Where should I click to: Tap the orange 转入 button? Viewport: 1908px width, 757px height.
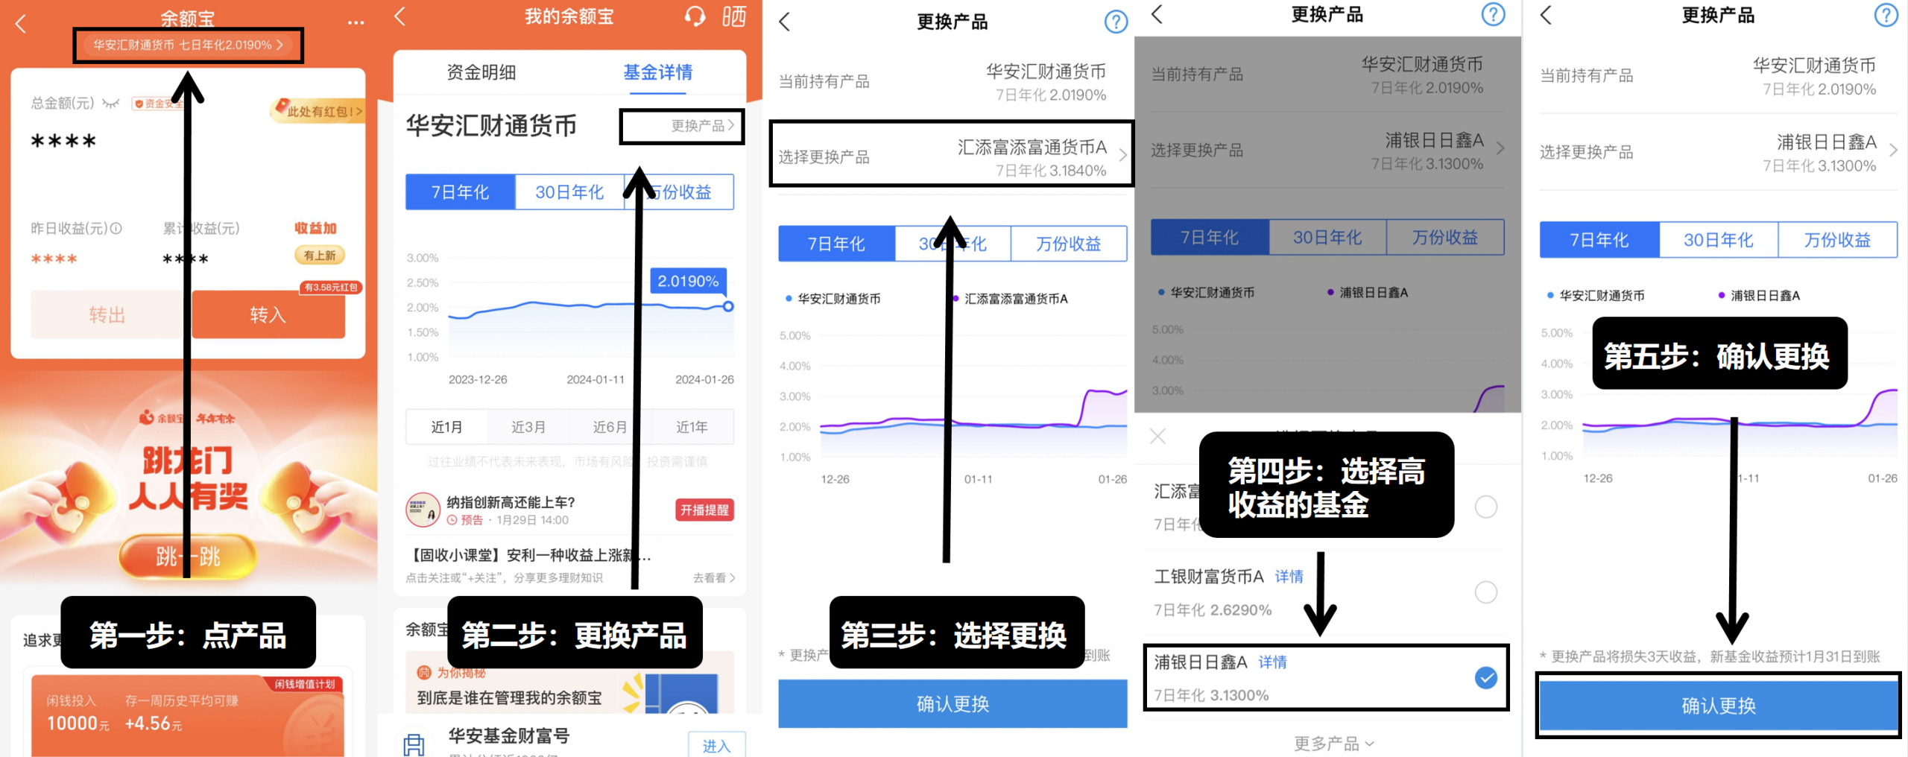click(268, 314)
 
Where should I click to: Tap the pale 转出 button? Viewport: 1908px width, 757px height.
click(107, 314)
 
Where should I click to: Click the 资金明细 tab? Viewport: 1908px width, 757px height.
click(481, 72)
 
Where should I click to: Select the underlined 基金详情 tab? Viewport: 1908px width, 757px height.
click(657, 72)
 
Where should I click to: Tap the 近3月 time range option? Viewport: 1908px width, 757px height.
click(528, 427)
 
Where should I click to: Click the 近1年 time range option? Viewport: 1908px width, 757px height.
click(692, 427)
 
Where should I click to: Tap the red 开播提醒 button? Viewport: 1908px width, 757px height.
click(704, 510)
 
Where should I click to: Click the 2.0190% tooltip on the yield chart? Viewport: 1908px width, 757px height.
click(688, 281)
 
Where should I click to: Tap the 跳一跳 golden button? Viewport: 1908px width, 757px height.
click(188, 556)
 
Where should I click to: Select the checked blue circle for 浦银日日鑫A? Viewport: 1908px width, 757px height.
click(1485, 677)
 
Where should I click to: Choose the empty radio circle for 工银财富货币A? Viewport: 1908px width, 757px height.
click(1485, 592)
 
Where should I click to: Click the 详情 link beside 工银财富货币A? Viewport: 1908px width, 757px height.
click(1289, 576)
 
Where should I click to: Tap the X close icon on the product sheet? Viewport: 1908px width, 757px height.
click(1157, 436)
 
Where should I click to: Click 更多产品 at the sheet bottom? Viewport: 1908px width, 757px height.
click(1333, 743)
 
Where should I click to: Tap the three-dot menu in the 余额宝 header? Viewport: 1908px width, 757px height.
click(356, 22)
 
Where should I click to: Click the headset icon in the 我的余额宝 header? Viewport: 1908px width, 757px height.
click(695, 16)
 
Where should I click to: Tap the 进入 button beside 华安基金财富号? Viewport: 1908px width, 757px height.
click(715, 745)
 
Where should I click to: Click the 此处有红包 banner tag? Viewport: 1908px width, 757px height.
click(319, 111)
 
